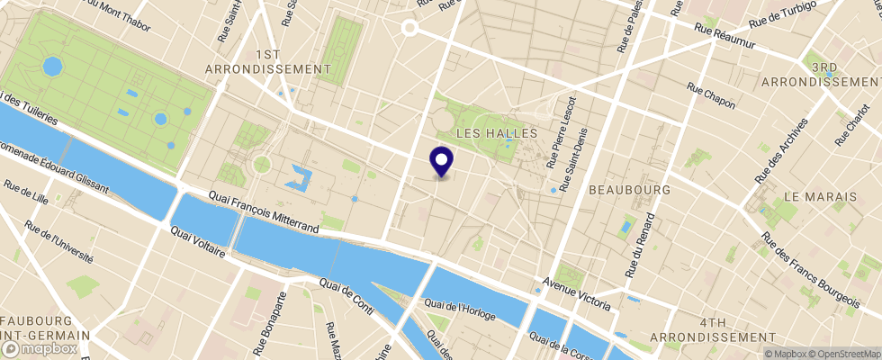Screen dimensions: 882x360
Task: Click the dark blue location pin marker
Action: point(442,162)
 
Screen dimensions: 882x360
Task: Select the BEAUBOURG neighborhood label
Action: point(630,191)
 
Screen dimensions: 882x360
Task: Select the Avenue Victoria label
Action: point(576,295)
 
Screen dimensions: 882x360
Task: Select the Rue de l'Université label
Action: point(60,241)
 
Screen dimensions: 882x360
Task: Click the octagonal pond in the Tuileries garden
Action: point(52,66)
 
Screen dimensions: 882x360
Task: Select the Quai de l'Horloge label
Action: point(463,310)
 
